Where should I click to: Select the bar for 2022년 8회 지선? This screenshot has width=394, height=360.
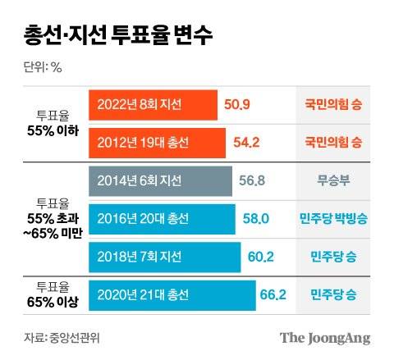[152, 105]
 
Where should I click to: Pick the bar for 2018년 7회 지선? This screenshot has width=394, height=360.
[163, 257]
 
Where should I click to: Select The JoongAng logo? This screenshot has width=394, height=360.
[325, 336]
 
